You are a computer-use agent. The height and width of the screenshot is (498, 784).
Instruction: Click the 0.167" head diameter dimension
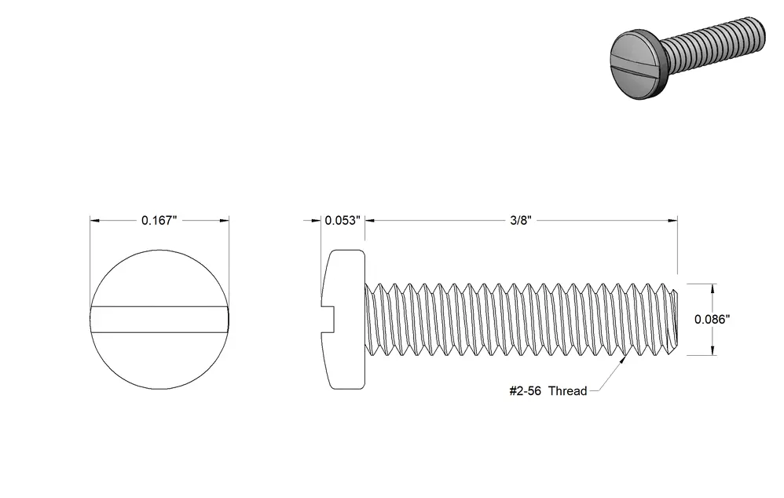coord(159,221)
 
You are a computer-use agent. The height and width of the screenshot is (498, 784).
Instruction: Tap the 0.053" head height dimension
coord(343,221)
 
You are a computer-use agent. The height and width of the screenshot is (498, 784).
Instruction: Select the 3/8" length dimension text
coord(521,221)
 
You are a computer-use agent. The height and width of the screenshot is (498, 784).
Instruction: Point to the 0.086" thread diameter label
coord(712,320)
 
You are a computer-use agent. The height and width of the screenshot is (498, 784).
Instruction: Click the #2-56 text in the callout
coord(525,391)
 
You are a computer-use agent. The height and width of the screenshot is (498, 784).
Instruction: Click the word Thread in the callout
coord(567,391)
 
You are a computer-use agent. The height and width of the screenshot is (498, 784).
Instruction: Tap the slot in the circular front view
coord(159,320)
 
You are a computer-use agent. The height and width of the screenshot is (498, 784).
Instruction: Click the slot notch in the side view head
coord(328,320)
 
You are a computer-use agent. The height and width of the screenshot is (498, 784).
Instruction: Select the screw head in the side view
coord(343,320)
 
